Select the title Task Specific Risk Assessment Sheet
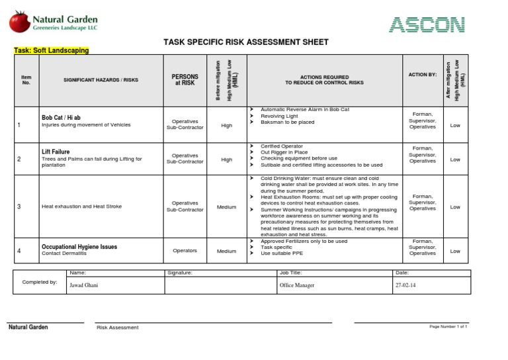tap(245, 42)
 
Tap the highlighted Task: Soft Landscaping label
tap(52, 50)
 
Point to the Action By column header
tap(422, 75)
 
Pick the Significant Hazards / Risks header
tap(101, 79)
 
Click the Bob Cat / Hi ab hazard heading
tap(61, 117)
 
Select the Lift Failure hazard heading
tap(56, 152)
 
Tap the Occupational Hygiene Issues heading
tap(79, 247)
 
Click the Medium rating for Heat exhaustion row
tap(226, 207)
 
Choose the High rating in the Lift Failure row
tap(226, 159)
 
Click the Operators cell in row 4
tap(185, 251)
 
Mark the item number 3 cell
tap(19, 207)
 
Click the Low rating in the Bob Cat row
tap(455, 125)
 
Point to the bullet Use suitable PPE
tap(283, 253)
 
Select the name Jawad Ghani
tap(83, 285)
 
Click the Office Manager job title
tap(297, 285)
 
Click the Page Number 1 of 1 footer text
tap(448, 327)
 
